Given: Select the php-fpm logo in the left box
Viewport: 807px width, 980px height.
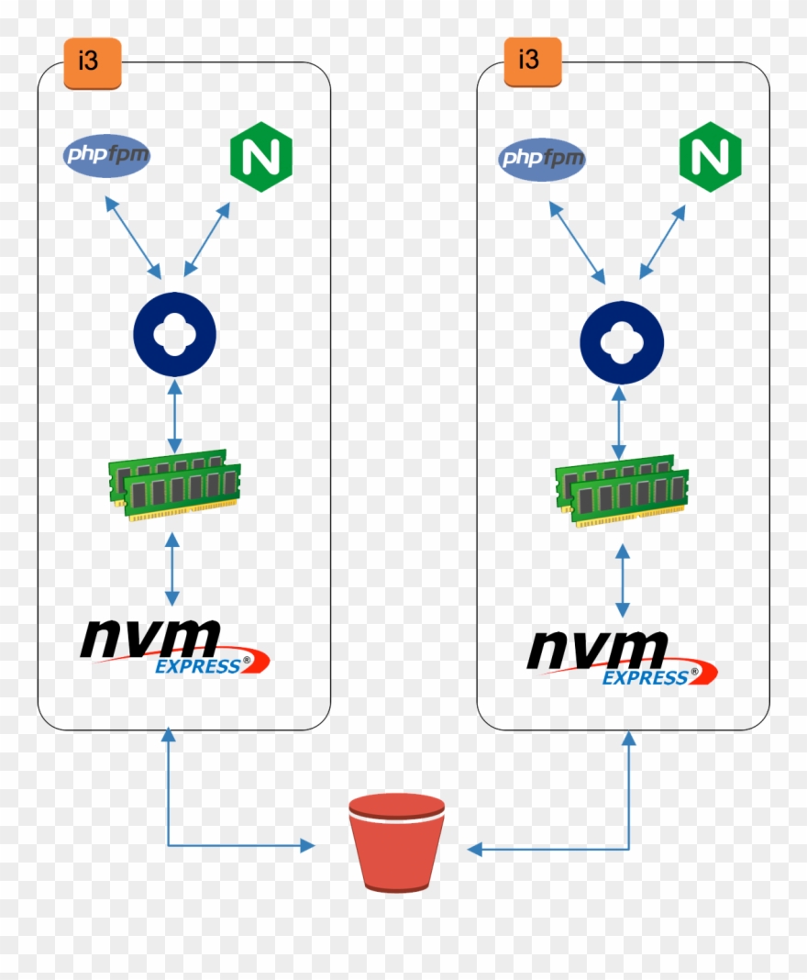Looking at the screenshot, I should tap(106, 155).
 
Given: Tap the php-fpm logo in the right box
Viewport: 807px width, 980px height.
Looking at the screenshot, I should tap(542, 159).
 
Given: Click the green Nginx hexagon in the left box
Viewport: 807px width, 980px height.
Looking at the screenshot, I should tap(260, 156).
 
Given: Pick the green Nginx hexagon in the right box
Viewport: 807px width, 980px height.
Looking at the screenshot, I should tap(710, 157).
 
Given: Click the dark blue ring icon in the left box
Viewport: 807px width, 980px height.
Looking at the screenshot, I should tap(174, 334).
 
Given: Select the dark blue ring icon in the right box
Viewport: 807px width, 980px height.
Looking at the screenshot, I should tap(621, 341).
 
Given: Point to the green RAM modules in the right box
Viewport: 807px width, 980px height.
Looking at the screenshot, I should tap(621, 491).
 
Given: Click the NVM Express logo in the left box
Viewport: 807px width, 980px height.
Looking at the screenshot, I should tap(174, 647).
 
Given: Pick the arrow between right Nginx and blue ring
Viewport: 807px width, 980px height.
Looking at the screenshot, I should tap(662, 241).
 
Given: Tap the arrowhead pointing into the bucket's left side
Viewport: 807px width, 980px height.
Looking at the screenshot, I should tap(307, 845).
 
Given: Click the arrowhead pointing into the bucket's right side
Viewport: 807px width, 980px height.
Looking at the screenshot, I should tap(475, 850).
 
